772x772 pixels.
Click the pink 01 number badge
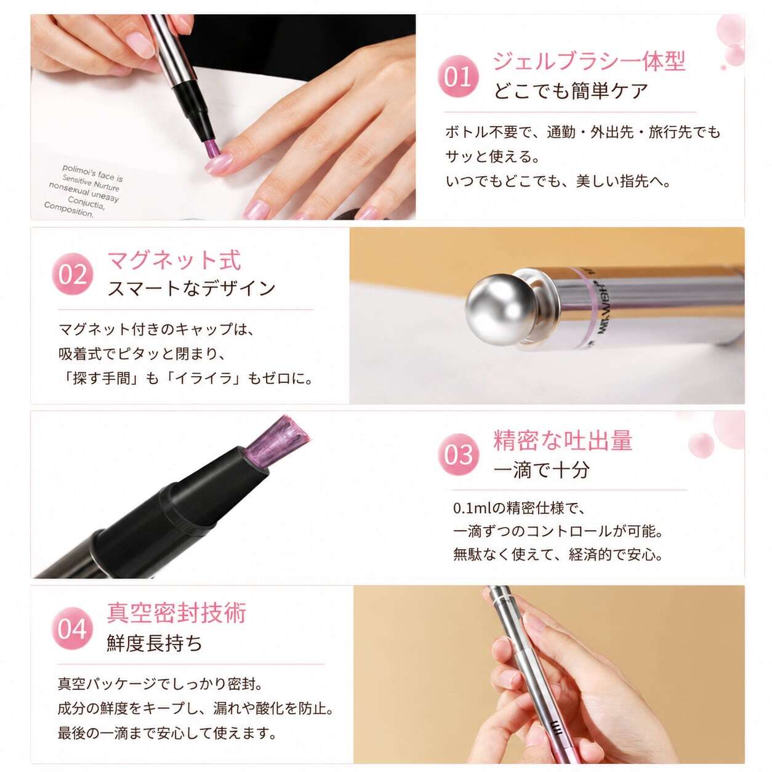point(458,76)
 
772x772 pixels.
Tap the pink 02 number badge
point(73,274)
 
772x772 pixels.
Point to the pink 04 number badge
point(73,629)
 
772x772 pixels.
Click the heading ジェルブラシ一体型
point(589,61)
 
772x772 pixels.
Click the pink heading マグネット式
point(174,260)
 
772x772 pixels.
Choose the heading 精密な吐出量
point(563,440)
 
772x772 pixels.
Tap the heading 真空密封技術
point(176,613)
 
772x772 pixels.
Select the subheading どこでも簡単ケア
point(571,91)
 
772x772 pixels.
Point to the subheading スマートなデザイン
point(191,288)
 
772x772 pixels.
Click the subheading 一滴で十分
point(542,470)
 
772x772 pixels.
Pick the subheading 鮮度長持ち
point(155,643)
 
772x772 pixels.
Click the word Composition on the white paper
point(68,209)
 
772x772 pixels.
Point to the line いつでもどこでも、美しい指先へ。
point(558,182)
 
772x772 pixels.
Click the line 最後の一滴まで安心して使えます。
point(167,734)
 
